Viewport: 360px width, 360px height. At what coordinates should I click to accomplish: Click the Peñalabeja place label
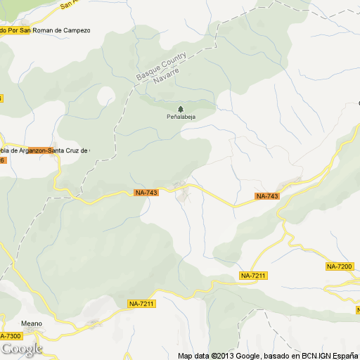tap(181, 117)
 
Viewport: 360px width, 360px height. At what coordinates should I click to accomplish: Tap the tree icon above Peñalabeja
tap(181, 108)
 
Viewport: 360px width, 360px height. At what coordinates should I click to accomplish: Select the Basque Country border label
tap(161, 65)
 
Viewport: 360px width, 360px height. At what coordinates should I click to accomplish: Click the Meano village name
tap(32, 323)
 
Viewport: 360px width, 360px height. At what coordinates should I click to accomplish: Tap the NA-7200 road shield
tap(341, 266)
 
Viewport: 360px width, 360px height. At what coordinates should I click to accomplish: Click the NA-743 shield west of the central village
tap(146, 193)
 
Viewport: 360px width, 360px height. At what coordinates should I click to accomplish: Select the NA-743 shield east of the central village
tap(267, 196)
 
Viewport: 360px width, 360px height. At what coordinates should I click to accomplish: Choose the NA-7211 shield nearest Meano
tap(141, 303)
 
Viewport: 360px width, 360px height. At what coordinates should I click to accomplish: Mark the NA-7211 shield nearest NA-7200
tap(253, 275)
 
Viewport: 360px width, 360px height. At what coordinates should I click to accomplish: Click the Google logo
tap(21, 349)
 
